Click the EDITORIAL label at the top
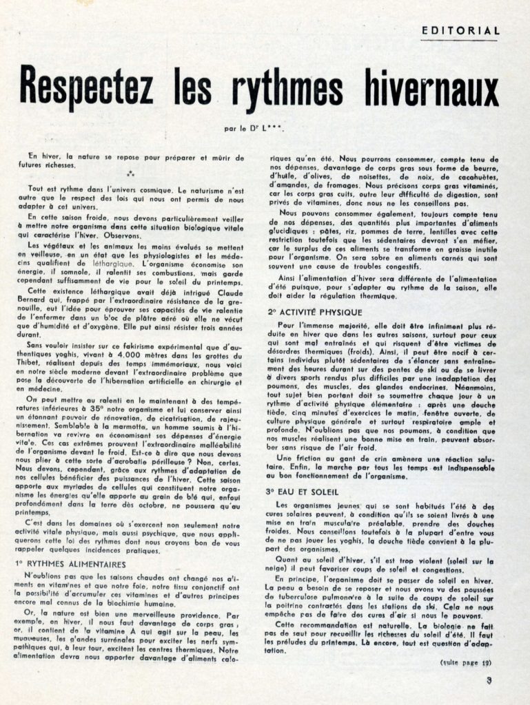pyautogui.click(x=460, y=30)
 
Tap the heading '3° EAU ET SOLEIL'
pyautogui.click(x=300, y=491)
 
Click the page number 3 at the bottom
pyautogui.click(x=489, y=681)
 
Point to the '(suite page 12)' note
pyautogui.click(x=466, y=662)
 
